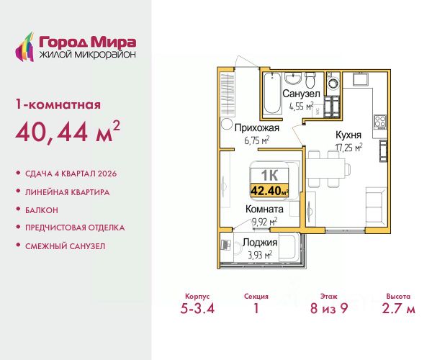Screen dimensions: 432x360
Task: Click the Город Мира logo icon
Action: pyautogui.click(x=24, y=47)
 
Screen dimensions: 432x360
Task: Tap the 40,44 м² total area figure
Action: pyautogui.click(x=68, y=132)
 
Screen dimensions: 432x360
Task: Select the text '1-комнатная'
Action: pyautogui.click(x=58, y=104)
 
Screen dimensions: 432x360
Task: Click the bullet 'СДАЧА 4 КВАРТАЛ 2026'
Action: pyautogui.click(x=71, y=174)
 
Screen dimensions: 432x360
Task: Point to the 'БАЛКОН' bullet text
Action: pyautogui.click(x=42, y=210)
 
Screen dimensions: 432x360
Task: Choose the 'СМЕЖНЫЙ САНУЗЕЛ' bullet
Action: pyautogui.click(x=66, y=246)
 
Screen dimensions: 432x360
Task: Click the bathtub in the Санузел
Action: pyautogui.click(x=272, y=94)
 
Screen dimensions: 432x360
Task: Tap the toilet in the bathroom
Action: pyautogui.click(x=310, y=79)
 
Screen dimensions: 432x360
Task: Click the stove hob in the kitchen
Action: pyautogui.click(x=380, y=122)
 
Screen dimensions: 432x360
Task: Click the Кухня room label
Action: pyautogui.click(x=348, y=135)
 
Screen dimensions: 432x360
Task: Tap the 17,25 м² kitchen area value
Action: pyautogui.click(x=348, y=148)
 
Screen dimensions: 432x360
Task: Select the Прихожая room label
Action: pyautogui.click(x=257, y=128)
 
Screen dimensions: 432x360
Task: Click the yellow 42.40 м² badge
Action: pyautogui.click(x=269, y=190)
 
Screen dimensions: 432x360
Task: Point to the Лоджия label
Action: pyautogui.click(x=260, y=243)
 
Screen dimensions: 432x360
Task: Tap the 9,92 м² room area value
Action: pyautogui.click(x=265, y=222)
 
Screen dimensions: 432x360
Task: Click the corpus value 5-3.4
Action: pyautogui.click(x=197, y=308)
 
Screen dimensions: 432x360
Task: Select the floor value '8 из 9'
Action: pyautogui.click(x=329, y=308)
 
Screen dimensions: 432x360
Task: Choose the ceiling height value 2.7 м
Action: pyautogui.click(x=398, y=308)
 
